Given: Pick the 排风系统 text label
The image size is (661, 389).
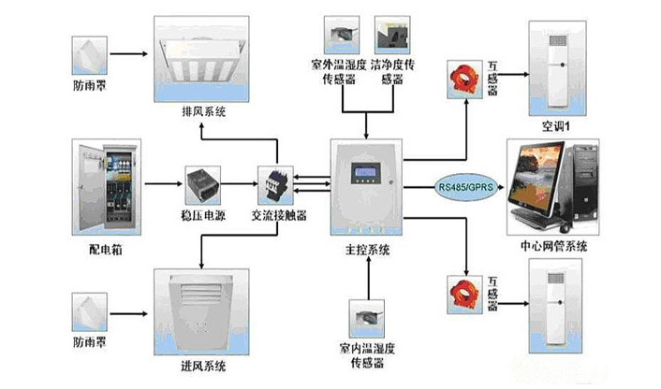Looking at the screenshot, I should pos(204,113).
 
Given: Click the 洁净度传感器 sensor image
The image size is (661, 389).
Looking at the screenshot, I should pos(390,36).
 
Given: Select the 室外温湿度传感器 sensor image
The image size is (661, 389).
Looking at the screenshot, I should pos(336,36).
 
